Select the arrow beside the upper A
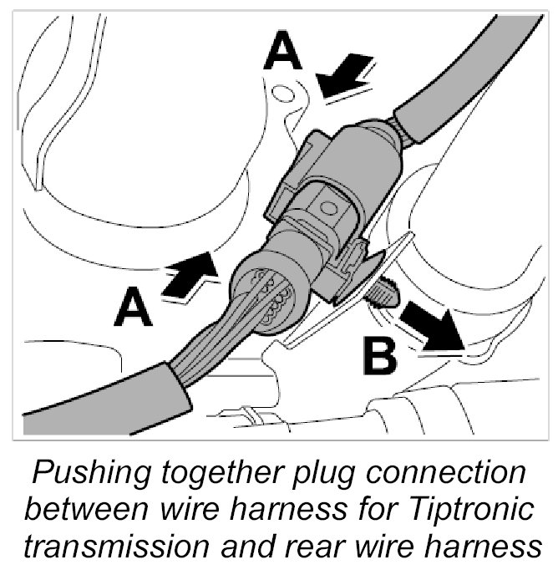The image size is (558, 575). (347, 74)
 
